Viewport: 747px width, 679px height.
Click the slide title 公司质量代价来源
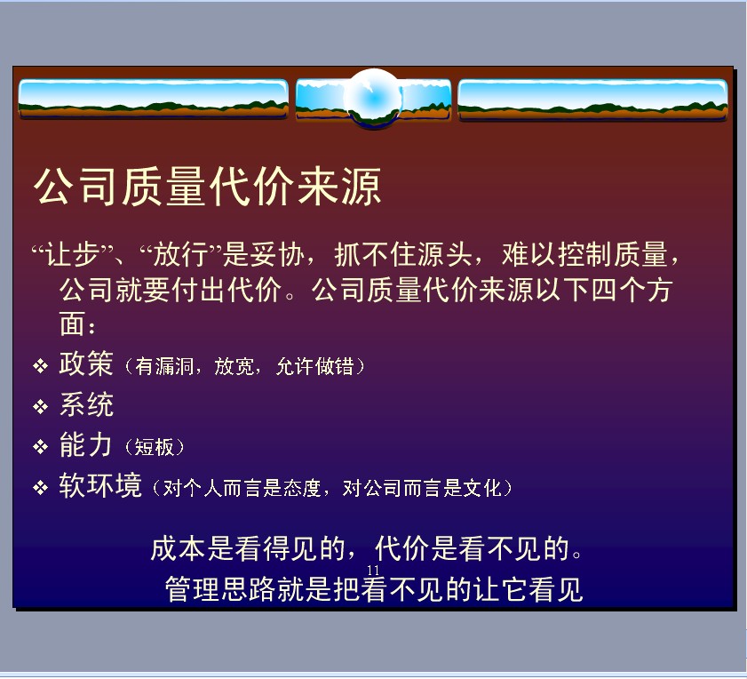208,187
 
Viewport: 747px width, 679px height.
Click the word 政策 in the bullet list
86,363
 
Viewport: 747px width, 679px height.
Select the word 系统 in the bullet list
86,404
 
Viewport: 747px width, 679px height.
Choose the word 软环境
100,485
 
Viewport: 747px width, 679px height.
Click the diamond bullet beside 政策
41,366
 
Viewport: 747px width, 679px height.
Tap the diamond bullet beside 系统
41,407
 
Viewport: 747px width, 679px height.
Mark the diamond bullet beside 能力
41,447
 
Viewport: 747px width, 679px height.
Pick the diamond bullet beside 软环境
41,488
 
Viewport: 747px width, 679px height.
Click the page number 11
373,570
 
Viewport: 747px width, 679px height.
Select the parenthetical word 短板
154,447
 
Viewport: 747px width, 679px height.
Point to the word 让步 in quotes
72,254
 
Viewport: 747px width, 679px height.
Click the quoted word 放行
180,254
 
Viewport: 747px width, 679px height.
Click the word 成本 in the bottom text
178,548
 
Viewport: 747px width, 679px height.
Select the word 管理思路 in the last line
220,589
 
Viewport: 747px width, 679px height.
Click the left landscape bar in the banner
153,99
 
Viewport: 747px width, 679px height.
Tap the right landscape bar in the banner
592,100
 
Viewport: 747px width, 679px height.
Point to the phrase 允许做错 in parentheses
315,367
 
